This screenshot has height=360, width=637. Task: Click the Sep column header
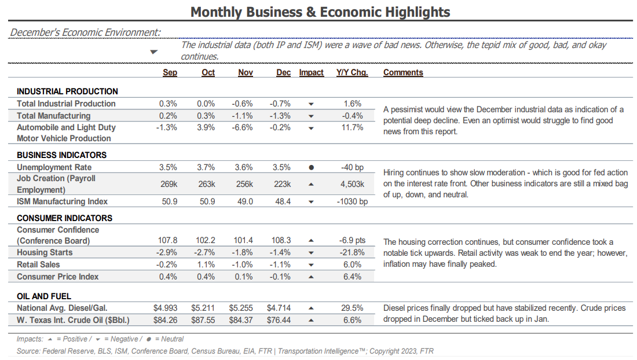tap(170, 72)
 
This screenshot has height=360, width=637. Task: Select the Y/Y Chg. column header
tap(352, 72)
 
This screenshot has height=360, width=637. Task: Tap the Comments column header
tap(403, 72)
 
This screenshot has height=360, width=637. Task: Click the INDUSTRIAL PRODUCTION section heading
tap(67, 91)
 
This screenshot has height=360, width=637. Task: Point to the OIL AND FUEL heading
tap(44, 296)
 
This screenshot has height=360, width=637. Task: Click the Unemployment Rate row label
tap(54, 167)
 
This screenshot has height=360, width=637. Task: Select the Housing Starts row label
tap(45, 252)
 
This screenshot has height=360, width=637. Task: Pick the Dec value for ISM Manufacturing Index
tap(283, 201)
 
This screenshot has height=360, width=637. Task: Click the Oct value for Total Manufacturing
tap(206, 116)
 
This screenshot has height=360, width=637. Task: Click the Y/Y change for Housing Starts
tap(352, 252)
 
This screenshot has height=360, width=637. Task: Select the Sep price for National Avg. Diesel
tap(166, 308)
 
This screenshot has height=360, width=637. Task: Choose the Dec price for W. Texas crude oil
tap(279, 320)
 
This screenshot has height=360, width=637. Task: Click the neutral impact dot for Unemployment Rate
tap(311, 167)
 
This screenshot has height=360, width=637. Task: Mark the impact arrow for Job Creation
tap(311, 184)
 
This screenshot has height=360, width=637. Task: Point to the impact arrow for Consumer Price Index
tap(311, 277)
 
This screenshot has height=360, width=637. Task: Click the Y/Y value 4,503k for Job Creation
tap(352, 184)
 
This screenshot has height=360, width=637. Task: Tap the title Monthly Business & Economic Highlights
tap(320, 12)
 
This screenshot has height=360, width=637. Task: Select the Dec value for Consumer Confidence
tap(281, 240)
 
